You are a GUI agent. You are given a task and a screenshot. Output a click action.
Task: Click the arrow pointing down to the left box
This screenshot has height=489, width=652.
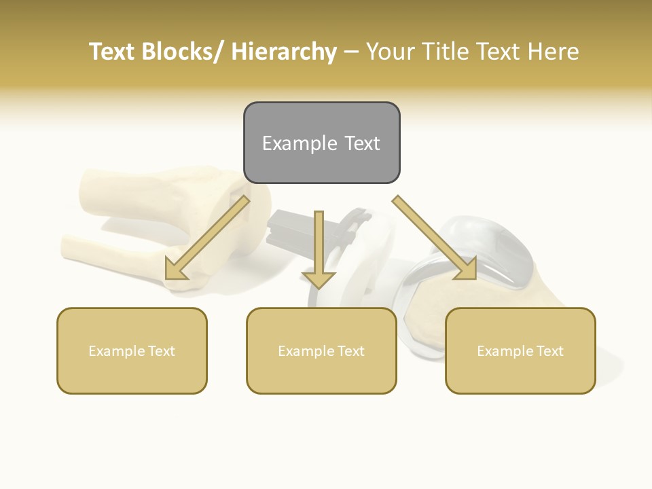207,238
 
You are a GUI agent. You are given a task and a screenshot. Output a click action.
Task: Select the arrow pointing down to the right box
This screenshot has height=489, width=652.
435,238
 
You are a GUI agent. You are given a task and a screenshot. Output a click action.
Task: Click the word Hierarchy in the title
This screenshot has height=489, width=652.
284,52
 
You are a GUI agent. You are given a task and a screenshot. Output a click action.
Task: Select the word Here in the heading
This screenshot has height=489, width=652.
553,52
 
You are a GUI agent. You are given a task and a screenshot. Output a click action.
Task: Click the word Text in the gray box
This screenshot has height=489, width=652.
361,143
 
